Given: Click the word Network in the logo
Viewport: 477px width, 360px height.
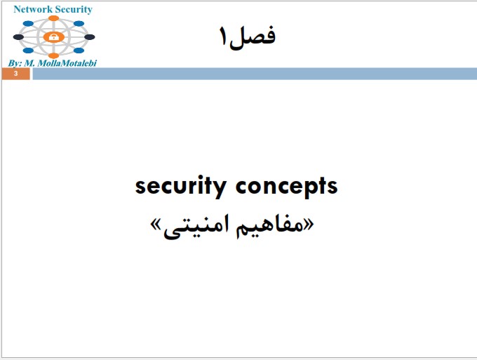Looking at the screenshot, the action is tap(33, 9).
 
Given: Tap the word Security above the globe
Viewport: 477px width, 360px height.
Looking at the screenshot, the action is tap(74, 10).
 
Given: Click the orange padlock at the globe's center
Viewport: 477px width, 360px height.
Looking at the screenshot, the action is tap(53, 37).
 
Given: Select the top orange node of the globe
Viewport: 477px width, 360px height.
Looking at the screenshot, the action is tap(53, 18).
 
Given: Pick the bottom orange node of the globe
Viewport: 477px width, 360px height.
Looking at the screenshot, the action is tap(53, 55).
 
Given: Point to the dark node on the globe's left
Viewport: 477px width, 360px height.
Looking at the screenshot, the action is tap(18, 37).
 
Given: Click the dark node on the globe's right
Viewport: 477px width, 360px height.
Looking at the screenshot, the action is tap(90, 37).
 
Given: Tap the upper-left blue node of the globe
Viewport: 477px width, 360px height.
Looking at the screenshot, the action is tap(28, 23).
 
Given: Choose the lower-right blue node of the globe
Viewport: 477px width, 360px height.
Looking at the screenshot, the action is tap(79, 51).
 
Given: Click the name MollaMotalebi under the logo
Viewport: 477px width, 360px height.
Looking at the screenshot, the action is tap(67, 63).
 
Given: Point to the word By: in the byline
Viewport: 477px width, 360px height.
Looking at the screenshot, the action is tap(15, 63).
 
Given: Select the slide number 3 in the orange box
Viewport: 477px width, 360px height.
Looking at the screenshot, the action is tap(16, 74).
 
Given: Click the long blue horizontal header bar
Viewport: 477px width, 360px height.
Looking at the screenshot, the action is tap(255, 74).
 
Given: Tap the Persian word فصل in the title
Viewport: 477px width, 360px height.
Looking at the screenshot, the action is tap(253, 36).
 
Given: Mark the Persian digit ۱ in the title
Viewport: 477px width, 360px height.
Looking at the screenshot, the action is tap(224, 36).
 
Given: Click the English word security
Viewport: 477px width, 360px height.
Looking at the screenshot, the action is tap(181, 186).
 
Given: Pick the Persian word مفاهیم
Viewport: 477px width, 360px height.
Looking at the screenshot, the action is tap(269, 226).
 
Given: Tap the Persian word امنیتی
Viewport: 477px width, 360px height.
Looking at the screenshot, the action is tap(196, 227).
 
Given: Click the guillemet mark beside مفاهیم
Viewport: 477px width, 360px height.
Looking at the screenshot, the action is tap(309, 225).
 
